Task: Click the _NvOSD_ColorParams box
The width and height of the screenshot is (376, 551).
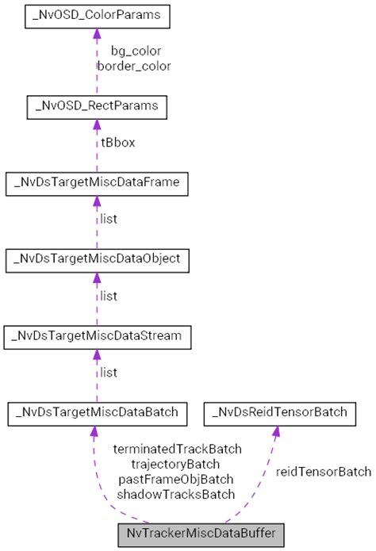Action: tap(96, 14)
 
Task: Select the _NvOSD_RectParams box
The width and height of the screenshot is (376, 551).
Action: tap(96, 106)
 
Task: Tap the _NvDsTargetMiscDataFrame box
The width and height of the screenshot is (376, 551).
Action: tap(96, 183)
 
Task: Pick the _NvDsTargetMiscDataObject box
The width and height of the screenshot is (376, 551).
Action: tap(96, 260)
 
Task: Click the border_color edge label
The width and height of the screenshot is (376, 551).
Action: tap(134, 66)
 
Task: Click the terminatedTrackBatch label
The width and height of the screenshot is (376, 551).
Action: tap(177, 449)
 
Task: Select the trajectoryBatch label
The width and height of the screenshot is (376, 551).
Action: tap(175, 464)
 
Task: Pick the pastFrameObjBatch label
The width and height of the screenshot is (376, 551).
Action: tap(175, 479)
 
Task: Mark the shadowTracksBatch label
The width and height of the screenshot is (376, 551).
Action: tap(175, 494)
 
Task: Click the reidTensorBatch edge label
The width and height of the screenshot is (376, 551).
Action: tap(323, 472)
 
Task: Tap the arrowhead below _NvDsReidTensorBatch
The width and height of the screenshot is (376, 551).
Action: tap(275, 433)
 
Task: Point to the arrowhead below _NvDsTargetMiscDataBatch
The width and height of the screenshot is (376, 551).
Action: tap(94, 433)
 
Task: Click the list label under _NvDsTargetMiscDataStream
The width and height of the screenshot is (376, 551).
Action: tap(109, 373)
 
